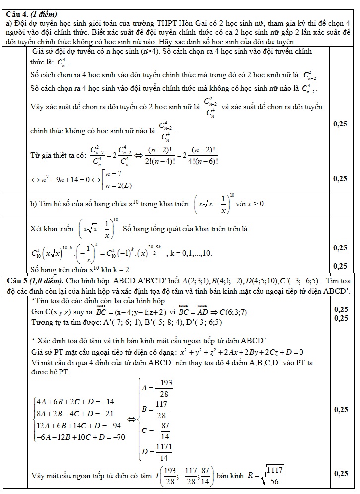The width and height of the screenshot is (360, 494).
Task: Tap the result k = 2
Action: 121,270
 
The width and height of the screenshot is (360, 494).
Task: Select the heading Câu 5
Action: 17,281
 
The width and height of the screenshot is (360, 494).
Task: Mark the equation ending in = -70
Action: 80,437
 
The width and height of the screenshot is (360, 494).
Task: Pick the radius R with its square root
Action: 266,475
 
